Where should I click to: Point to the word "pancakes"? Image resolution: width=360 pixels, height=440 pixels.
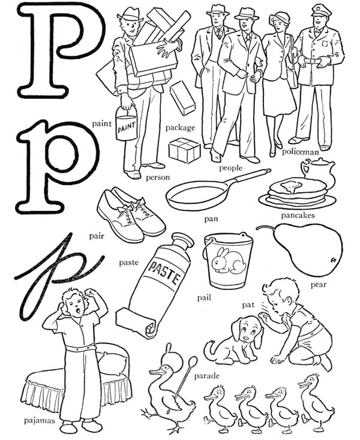298,215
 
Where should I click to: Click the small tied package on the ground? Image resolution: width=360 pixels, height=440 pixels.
184,149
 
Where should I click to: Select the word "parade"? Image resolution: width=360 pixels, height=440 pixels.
206,376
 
